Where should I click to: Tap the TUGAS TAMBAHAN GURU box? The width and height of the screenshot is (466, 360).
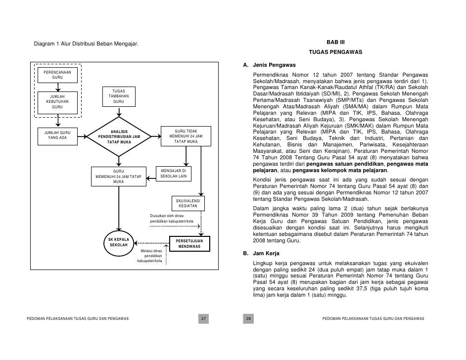pyautogui.click(x=118, y=97)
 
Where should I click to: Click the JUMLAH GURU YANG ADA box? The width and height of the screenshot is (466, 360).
pyautogui.click(x=57, y=135)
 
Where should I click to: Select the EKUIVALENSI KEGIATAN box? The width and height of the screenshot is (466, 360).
pyautogui.click(x=188, y=203)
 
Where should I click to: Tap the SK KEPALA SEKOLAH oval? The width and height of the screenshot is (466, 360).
pyautogui.click(x=119, y=243)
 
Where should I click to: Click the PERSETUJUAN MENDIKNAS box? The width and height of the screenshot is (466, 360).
pyautogui.click(x=189, y=243)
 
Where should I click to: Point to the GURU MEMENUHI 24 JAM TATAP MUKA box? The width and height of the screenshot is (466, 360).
pyautogui.click(x=119, y=177)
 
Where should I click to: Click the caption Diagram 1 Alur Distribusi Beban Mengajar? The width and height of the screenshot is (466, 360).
pyautogui.click(x=86, y=46)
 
